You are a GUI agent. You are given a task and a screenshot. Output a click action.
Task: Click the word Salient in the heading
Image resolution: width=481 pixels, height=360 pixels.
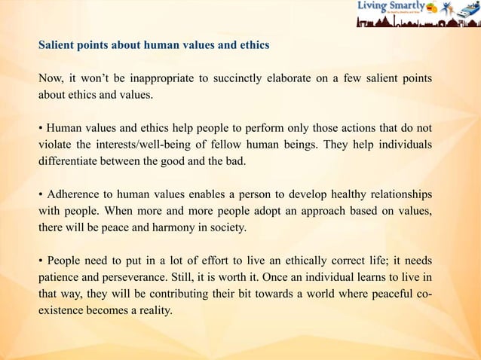tap(57, 45)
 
